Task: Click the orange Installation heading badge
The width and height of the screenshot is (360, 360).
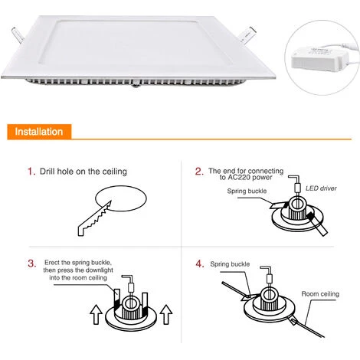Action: (38, 132)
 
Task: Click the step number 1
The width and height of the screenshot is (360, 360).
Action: (31, 172)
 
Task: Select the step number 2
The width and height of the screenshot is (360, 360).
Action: (199, 172)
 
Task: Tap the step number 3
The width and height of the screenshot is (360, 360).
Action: (31, 263)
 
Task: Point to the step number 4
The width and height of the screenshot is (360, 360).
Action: (199, 263)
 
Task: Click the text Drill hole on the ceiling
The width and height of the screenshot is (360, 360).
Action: (84, 172)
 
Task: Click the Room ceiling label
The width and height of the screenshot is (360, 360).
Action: (320, 293)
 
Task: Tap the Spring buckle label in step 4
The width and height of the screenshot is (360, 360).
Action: (231, 262)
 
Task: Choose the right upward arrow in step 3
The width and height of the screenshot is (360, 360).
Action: (165, 314)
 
